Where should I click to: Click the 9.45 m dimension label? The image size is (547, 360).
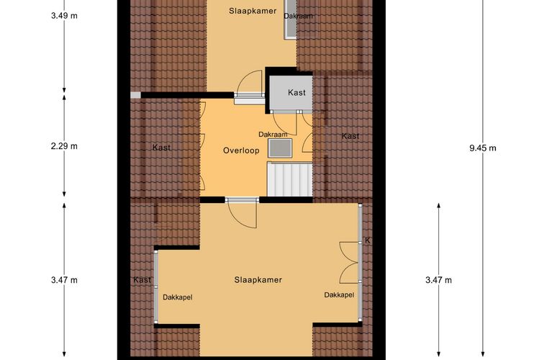click(483, 148)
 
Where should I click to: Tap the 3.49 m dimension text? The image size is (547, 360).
click(64, 15)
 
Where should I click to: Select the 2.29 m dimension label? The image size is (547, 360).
click(64, 146)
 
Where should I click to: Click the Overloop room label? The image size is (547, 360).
click(241, 150)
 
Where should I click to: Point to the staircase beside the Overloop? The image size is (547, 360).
click(289, 179)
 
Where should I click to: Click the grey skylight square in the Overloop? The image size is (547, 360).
click(280, 148)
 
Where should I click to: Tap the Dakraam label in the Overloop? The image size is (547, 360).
click(273, 135)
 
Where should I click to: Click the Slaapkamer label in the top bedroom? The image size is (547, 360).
click(253, 11)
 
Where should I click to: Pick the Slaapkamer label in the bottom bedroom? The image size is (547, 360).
click(258, 280)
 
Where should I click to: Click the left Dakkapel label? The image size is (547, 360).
click(178, 297)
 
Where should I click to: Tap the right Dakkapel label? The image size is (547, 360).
click(339, 294)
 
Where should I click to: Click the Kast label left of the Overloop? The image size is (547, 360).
click(161, 148)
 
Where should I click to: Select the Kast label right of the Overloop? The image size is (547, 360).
click(351, 136)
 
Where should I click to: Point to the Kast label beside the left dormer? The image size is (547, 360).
click(143, 280)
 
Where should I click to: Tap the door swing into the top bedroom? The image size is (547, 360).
click(249, 83)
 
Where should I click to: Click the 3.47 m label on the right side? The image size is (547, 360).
click(438, 280)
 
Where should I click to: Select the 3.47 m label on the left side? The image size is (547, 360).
click(64, 280)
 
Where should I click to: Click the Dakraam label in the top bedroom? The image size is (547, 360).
click(298, 16)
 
